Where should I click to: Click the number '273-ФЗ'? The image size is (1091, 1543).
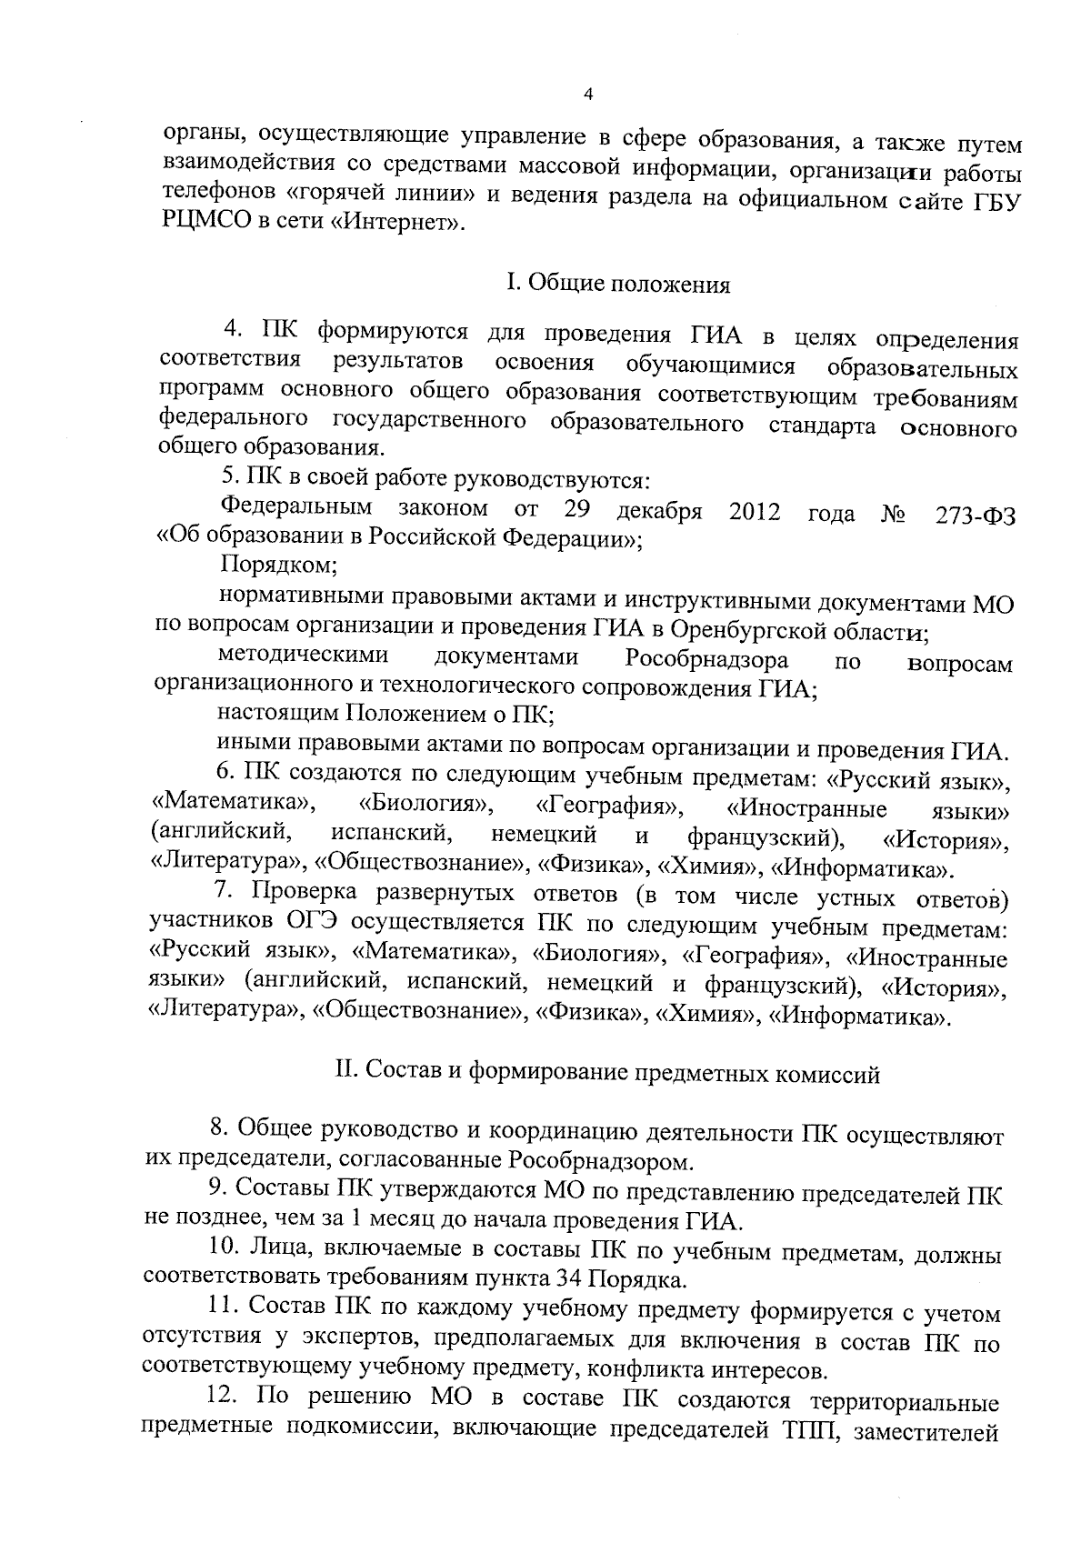tap(975, 515)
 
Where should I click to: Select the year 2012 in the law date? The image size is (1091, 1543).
tap(754, 512)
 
